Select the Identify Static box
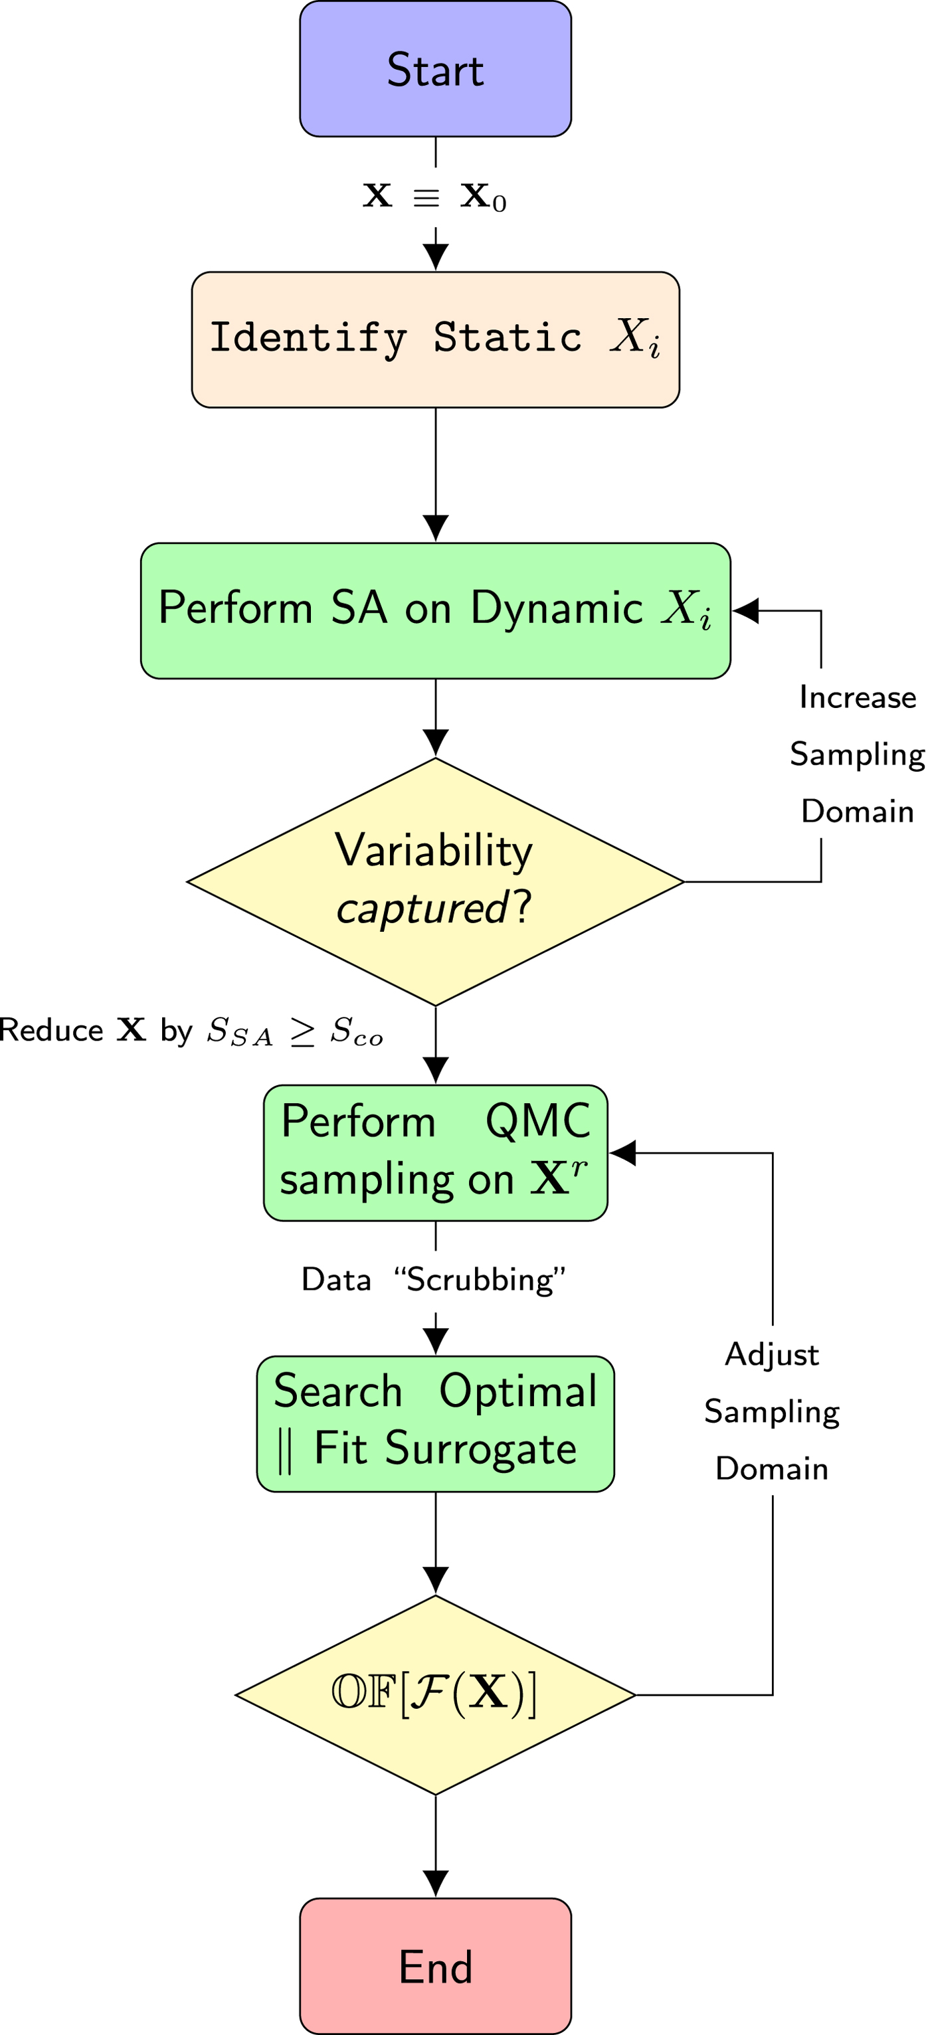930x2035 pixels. (x=435, y=339)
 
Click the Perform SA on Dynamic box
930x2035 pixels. (x=435, y=610)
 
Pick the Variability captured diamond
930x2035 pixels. (x=435, y=881)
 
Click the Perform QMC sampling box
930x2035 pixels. (x=435, y=1152)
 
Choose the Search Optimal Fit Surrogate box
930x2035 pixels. (x=435, y=1423)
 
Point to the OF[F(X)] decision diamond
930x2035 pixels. (x=435, y=1694)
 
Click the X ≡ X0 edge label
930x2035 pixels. (x=434, y=197)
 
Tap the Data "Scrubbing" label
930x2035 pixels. (x=434, y=1280)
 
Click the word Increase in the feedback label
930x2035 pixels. (x=858, y=697)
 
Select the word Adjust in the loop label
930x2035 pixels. (x=771, y=1355)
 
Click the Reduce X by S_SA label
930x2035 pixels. (x=191, y=1031)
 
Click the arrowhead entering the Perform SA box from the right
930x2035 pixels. (x=746, y=610)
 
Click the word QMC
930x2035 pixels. (x=537, y=1122)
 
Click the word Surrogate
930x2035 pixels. (x=480, y=1449)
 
